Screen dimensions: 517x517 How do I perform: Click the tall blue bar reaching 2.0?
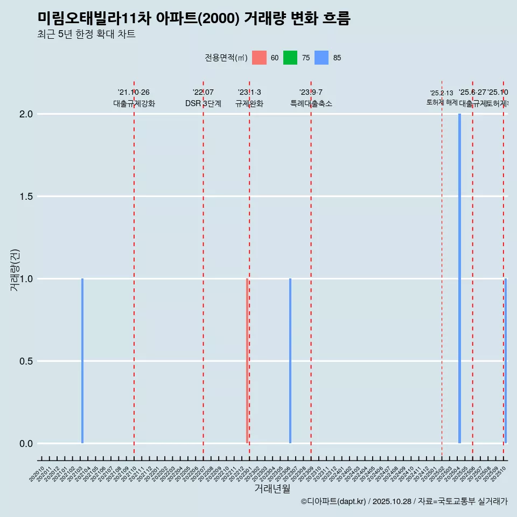tap(459, 278)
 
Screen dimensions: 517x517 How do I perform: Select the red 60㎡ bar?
tap(247, 361)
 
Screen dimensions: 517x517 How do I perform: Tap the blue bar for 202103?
tap(82, 361)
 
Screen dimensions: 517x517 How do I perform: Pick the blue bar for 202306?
tap(290, 361)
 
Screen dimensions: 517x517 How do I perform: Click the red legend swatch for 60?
tap(259, 58)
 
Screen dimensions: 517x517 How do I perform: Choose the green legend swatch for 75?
tap(290, 58)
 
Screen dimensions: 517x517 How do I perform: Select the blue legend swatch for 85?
tap(322, 58)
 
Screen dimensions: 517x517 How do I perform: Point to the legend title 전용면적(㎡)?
tap(226, 58)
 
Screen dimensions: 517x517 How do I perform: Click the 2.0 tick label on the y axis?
tap(26, 114)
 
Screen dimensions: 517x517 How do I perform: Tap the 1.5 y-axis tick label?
tap(26, 197)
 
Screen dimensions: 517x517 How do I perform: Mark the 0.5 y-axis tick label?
tap(26, 361)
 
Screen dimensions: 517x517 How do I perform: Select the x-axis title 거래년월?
tap(273, 489)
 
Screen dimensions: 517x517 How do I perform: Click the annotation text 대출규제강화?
tap(134, 103)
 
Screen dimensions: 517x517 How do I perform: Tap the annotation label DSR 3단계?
tap(203, 103)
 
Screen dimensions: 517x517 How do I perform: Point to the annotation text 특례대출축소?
tap(311, 103)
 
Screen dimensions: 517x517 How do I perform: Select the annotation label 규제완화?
tap(249, 103)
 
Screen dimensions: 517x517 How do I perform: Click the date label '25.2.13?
tap(442, 93)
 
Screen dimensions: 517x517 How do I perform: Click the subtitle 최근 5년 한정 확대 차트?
tap(87, 34)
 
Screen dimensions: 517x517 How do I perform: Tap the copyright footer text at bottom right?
tap(404, 501)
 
